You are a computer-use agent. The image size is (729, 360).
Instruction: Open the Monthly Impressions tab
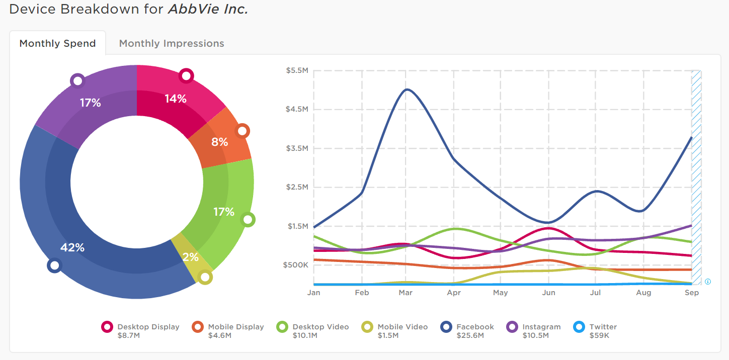[172, 43]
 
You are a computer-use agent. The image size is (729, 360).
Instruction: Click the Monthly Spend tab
[57, 43]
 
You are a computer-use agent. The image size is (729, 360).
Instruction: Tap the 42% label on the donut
[72, 247]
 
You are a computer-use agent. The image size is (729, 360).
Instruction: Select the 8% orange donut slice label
[219, 142]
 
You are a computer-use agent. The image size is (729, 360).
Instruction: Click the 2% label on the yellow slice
[190, 257]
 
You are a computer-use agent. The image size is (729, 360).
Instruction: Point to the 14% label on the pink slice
[176, 99]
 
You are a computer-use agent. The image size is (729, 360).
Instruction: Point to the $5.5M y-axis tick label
[297, 70]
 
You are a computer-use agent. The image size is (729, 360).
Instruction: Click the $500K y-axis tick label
[295, 265]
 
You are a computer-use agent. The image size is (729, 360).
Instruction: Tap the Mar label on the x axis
[406, 293]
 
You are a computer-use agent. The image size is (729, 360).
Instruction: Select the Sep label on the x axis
[692, 293]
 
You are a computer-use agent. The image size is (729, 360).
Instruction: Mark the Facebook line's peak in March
[407, 89]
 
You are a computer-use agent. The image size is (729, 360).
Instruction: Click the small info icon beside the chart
[708, 282]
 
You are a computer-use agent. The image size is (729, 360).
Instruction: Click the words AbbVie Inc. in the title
[208, 9]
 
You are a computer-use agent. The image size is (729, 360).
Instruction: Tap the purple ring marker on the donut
[77, 80]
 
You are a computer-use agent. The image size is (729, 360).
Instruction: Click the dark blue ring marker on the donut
[54, 265]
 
